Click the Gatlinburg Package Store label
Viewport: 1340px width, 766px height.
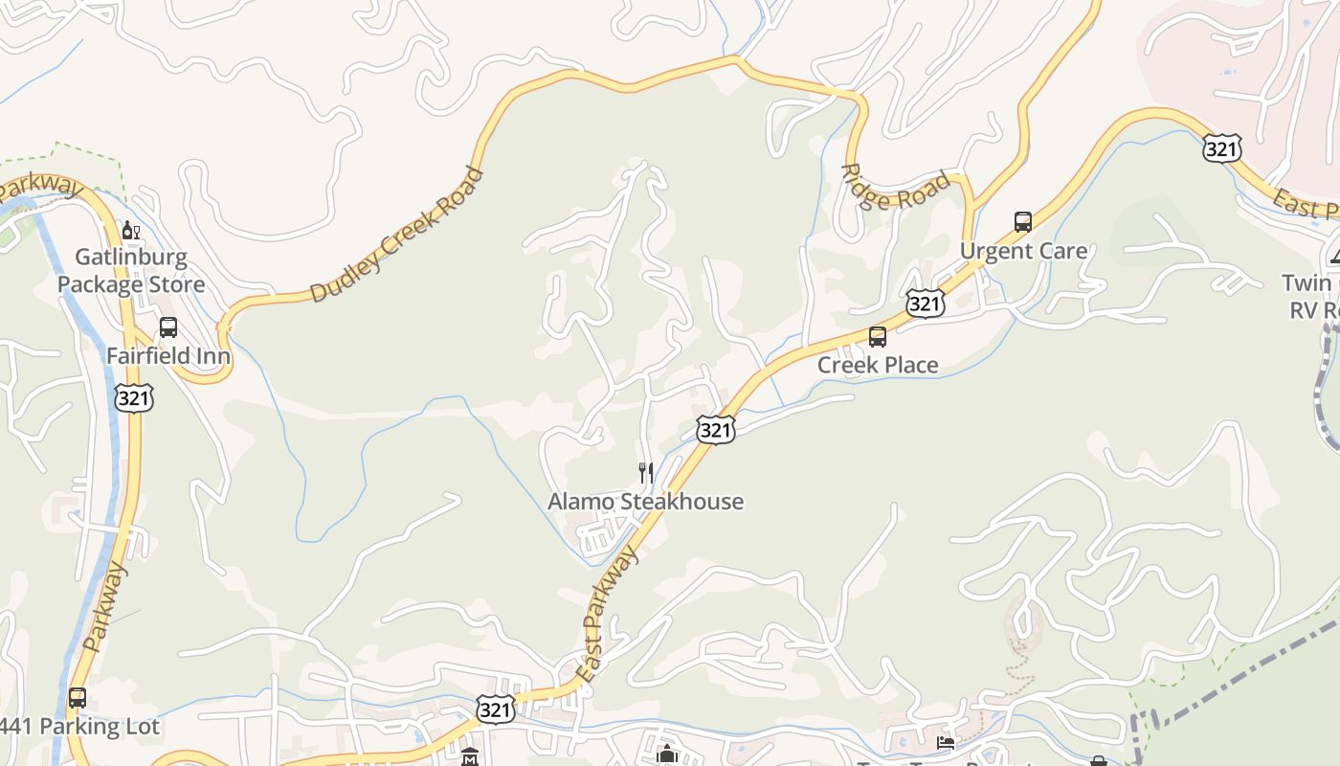131,271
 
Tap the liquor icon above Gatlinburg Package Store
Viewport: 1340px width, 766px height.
131,231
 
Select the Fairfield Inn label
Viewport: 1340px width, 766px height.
168,356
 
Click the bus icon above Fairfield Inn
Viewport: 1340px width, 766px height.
168,327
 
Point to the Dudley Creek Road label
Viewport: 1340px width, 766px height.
396,237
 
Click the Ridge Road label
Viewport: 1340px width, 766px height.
896,188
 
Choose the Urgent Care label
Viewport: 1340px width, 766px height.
1023,252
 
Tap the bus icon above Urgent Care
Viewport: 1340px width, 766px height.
1023,222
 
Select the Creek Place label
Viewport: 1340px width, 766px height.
878,365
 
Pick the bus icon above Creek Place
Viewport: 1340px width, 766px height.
878,337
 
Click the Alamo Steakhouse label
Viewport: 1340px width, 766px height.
645,502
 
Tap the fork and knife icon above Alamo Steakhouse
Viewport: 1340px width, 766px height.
646,473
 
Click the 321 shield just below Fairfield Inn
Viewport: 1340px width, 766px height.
133,397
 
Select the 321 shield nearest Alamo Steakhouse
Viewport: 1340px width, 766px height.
715,430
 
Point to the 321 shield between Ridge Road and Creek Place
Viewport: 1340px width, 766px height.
925,304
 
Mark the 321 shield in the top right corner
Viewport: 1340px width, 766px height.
1222,148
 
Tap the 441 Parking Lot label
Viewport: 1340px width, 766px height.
80,727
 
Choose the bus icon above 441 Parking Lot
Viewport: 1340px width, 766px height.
78,698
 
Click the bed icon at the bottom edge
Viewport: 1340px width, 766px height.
946,742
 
